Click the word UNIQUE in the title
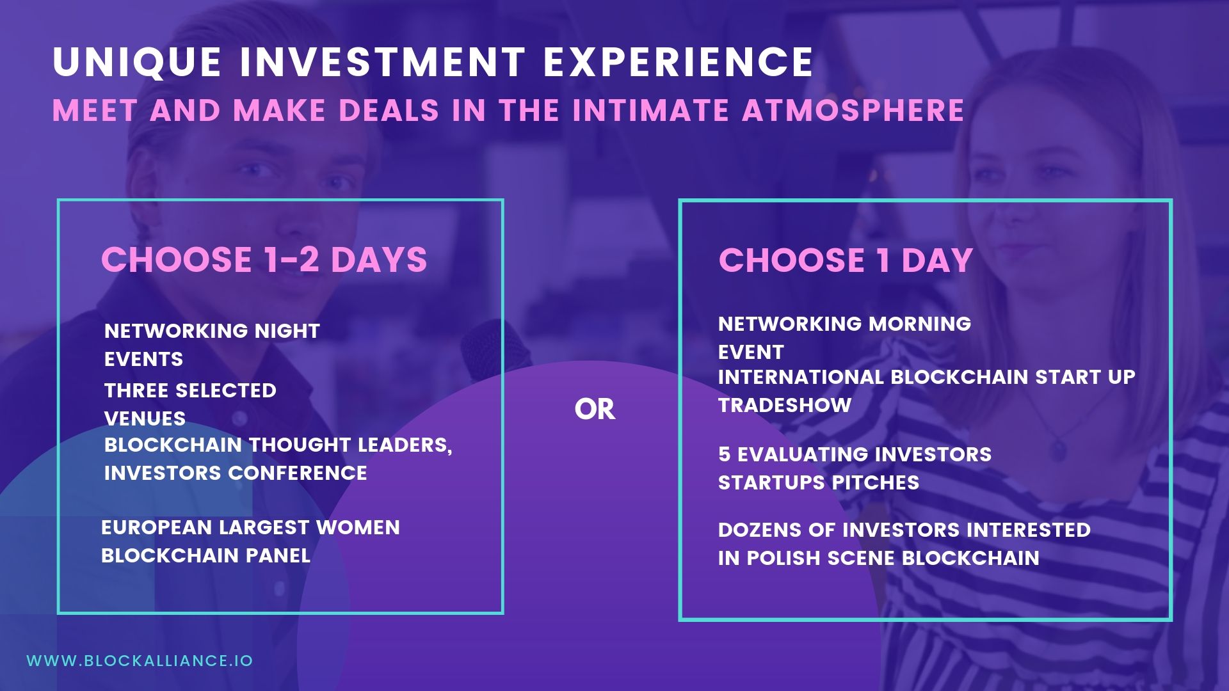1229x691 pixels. [137, 63]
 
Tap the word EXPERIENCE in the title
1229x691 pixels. [679, 62]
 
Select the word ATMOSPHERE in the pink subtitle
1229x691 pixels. [853, 110]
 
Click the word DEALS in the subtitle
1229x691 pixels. [389, 110]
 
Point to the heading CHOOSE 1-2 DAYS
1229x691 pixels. [264, 259]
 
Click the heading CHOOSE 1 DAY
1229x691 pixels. [846, 260]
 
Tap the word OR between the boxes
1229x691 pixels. [595, 409]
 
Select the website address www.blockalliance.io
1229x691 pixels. [140, 661]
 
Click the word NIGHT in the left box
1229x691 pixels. [287, 331]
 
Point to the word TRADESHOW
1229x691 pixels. [785, 405]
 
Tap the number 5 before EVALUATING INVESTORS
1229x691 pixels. [724, 454]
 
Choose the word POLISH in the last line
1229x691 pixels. [784, 558]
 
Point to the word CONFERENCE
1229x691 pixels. [298, 473]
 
